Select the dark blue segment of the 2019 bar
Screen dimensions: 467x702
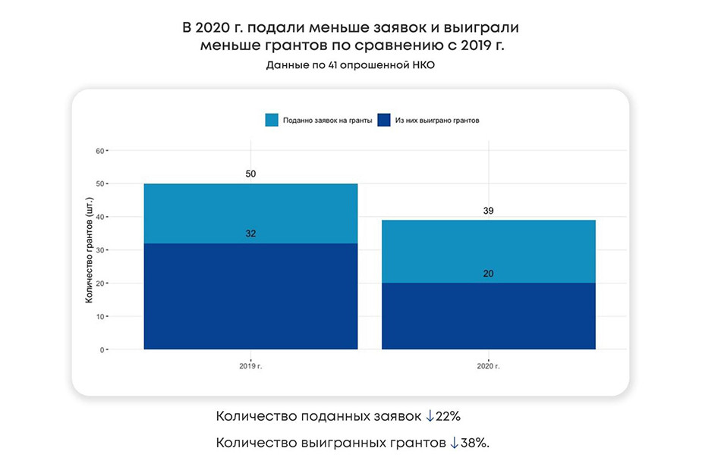click(250, 296)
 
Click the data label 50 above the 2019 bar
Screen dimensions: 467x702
click(250, 174)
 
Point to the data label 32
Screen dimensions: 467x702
click(250, 233)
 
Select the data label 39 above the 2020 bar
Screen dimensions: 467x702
click(488, 211)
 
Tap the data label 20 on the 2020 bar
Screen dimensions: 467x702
click(488, 274)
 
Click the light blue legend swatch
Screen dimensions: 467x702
click(272, 120)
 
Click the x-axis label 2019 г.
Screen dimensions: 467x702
click(250, 366)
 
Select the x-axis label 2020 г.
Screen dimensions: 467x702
click(488, 366)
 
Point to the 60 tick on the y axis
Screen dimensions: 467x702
click(99, 151)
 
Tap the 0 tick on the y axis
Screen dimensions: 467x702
click(102, 350)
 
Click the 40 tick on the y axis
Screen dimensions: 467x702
click(99, 217)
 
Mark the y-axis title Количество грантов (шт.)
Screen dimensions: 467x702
click(89, 250)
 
